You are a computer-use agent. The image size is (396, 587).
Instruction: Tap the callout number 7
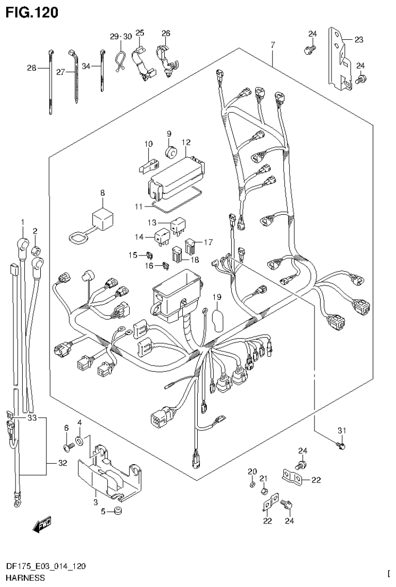[272, 45]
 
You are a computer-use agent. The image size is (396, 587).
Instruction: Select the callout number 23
[358, 39]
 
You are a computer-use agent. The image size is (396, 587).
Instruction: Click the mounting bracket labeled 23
[339, 58]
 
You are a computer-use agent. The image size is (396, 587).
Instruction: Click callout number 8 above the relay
[102, 193]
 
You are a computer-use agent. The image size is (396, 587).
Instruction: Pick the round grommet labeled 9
[170, 151]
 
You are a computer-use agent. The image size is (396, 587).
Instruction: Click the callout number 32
[62, 463]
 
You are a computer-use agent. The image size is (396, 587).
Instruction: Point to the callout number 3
[96, 501]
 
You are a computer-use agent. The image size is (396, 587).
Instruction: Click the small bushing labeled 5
[117, 512]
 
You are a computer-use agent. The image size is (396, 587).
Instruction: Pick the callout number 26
[165, 34]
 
